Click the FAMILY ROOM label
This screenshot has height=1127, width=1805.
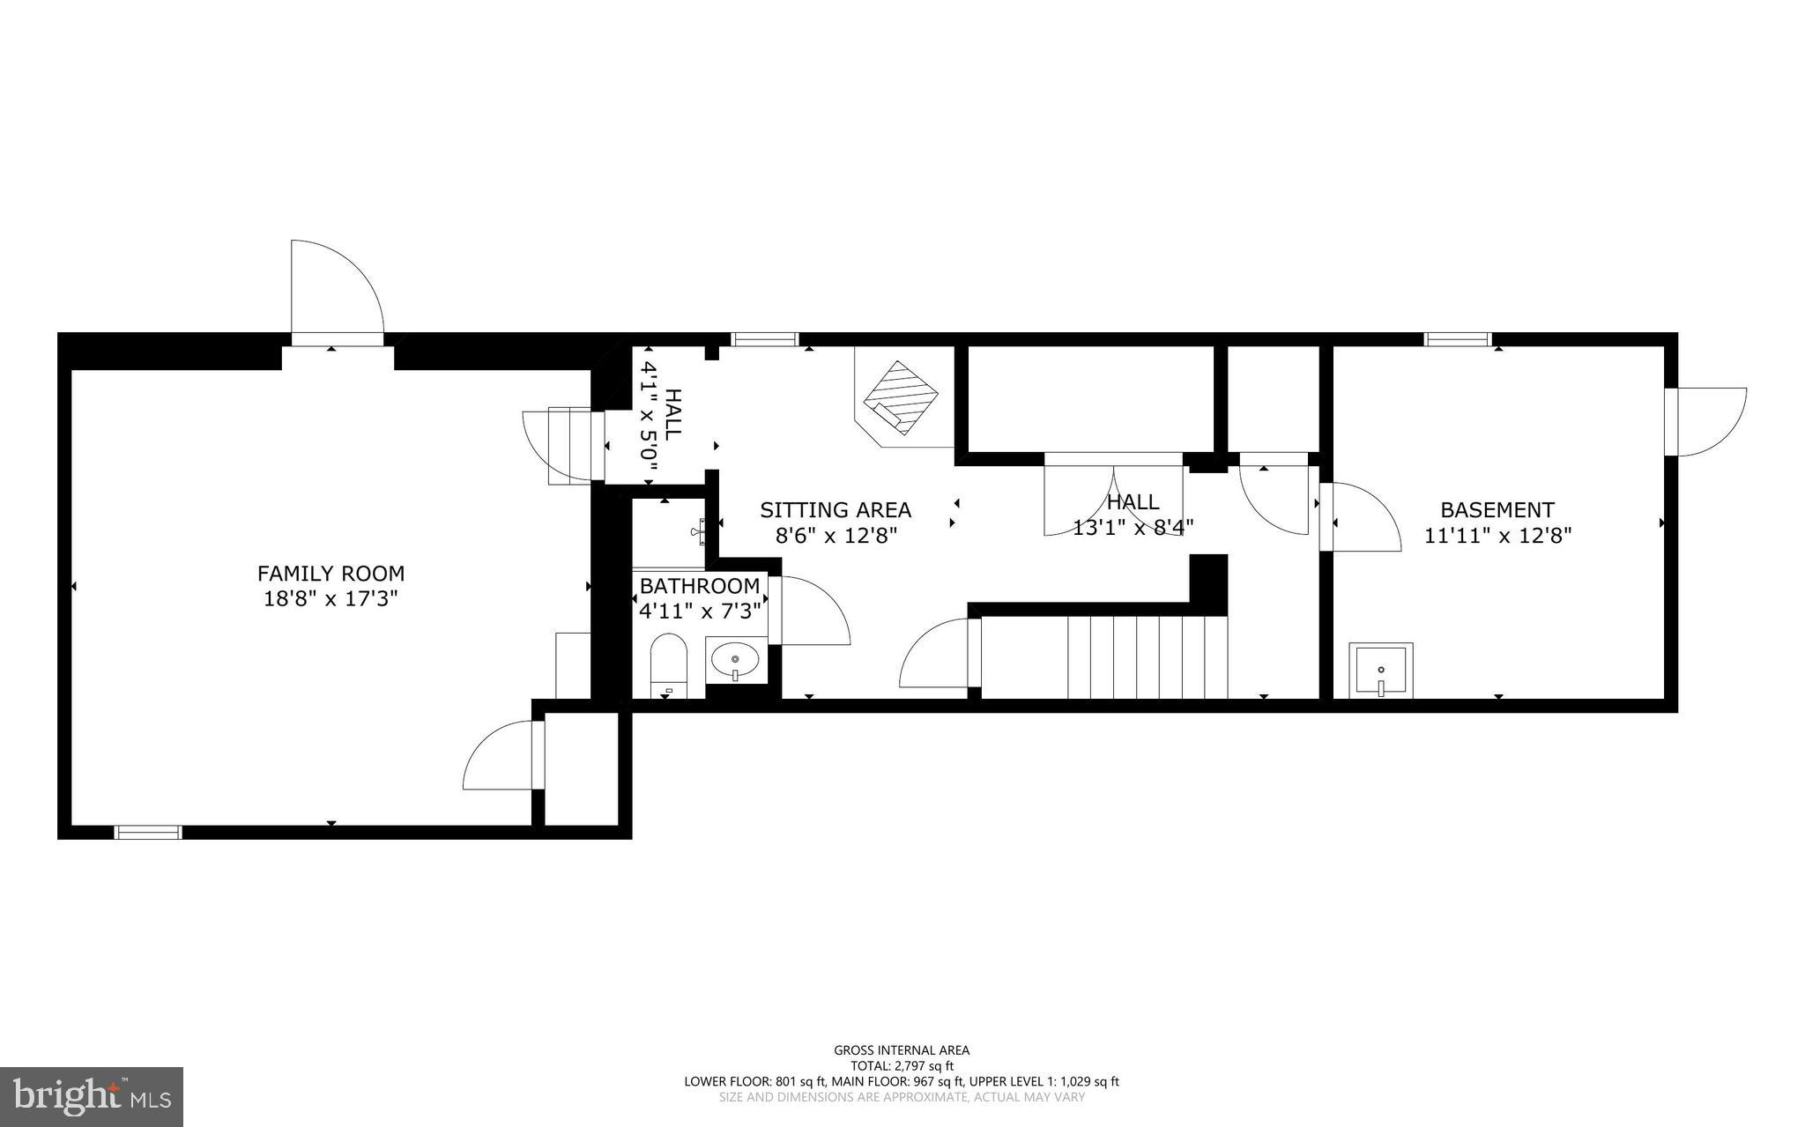tap(331, 574)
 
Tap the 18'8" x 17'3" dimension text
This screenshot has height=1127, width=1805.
tap(331, 599)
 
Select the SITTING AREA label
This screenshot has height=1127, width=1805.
tap(836, 510)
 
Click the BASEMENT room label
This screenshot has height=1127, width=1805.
tap(1497, 510)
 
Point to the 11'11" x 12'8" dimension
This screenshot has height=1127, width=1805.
tap(1497, 535)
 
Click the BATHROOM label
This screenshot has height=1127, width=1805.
tap(699, 586)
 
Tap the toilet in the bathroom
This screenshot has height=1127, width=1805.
tap(668, 665)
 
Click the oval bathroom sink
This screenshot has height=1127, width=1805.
tap(735, 659)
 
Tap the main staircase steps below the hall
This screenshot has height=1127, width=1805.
tap(1146, 656)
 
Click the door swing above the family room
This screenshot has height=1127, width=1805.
tap(336, 291)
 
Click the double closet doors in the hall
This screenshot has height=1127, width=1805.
tap(1113, 498)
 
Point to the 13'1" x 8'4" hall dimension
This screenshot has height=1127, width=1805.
tap(1133, 528)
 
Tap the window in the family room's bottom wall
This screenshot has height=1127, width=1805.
tap(148, 832)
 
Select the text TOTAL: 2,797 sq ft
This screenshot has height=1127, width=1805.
tap(901, 1065)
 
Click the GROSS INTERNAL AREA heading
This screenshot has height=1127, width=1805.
tap(901, 1049)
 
